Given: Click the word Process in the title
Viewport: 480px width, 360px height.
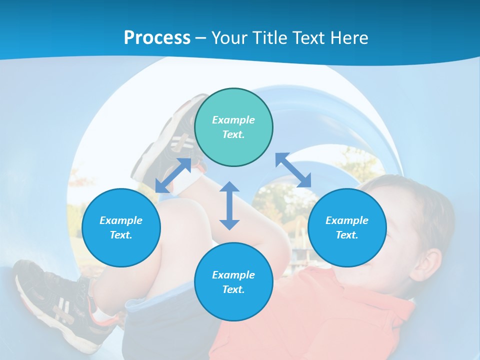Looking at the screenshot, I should click(157, 38).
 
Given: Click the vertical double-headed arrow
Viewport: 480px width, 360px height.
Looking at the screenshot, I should click(229, 205).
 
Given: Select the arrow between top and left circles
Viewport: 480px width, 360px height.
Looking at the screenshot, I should click(173, 175).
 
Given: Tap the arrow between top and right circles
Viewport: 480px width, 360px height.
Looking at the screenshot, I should click(293, 170).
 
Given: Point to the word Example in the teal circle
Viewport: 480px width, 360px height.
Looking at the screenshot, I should click(233, 120).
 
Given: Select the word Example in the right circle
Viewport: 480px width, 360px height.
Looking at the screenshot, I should click(347, 220).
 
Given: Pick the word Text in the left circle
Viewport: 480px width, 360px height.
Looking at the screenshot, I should click(120, 235).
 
